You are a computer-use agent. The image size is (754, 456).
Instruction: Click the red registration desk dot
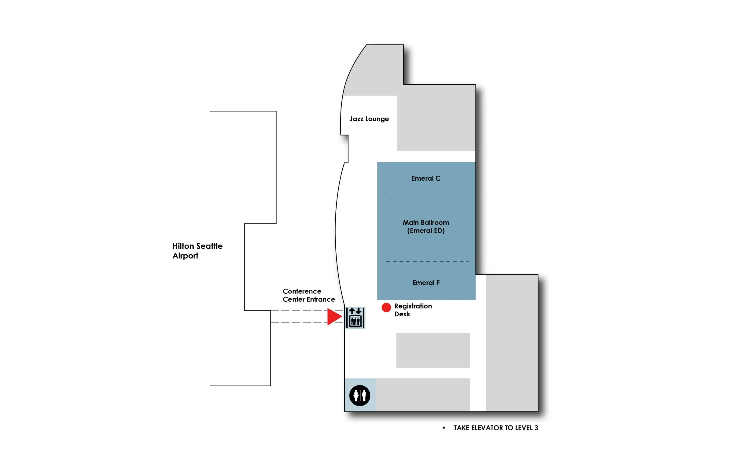click(x=386, y=307)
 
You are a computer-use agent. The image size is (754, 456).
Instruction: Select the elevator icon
click(x=355, y=318)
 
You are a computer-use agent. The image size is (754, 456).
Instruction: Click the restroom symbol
click(x=360, y=395)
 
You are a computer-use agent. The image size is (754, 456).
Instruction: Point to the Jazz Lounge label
click(x=369, y=119)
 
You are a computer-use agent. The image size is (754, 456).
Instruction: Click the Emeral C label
click(x=426, y=179)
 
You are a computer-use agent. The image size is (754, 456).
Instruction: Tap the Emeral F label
click(x=426, y=283)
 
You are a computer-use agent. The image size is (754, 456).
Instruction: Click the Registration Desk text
click(x=413, y=310)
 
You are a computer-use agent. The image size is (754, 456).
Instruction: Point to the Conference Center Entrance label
click(x=309, y=295)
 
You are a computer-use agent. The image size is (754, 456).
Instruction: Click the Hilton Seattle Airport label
click(x=197, y=251)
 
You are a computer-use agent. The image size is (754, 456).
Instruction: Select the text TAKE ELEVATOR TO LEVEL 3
click(x=496, y=428)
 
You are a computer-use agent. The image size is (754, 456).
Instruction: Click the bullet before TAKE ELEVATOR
click(x=444, y=428)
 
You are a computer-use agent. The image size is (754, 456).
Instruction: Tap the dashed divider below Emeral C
click(x=427, y=193)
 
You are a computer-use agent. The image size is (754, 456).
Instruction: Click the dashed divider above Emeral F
click(x=427, y=262)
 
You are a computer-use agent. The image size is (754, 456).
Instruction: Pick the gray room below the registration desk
click(x=433, y=350)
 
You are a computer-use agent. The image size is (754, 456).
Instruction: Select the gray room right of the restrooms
click(x=422, y=394)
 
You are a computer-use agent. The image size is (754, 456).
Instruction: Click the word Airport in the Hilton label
click(x=185, y=256)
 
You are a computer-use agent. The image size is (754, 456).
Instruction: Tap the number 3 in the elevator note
click(x=536, y=428)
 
